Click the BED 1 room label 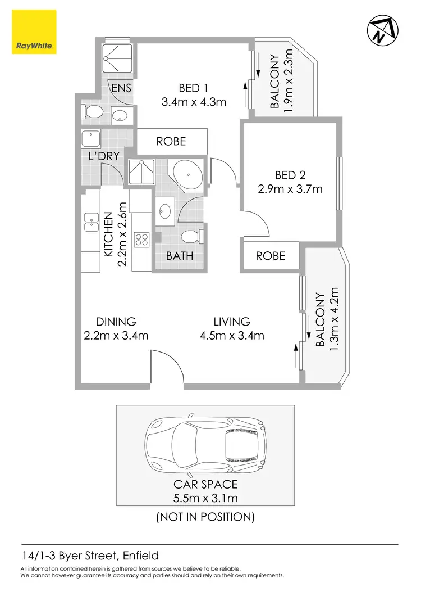point(194,88)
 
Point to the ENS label point(121,88)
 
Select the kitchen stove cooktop point(141,241)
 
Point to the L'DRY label point(103,156)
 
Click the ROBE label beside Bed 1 point(171,142)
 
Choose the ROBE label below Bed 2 point(271,256)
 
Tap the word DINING point(116,322)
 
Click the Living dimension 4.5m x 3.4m point(231,336)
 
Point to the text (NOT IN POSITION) point(205,517)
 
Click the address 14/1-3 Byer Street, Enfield point(90,556)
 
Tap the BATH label point(180,256)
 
